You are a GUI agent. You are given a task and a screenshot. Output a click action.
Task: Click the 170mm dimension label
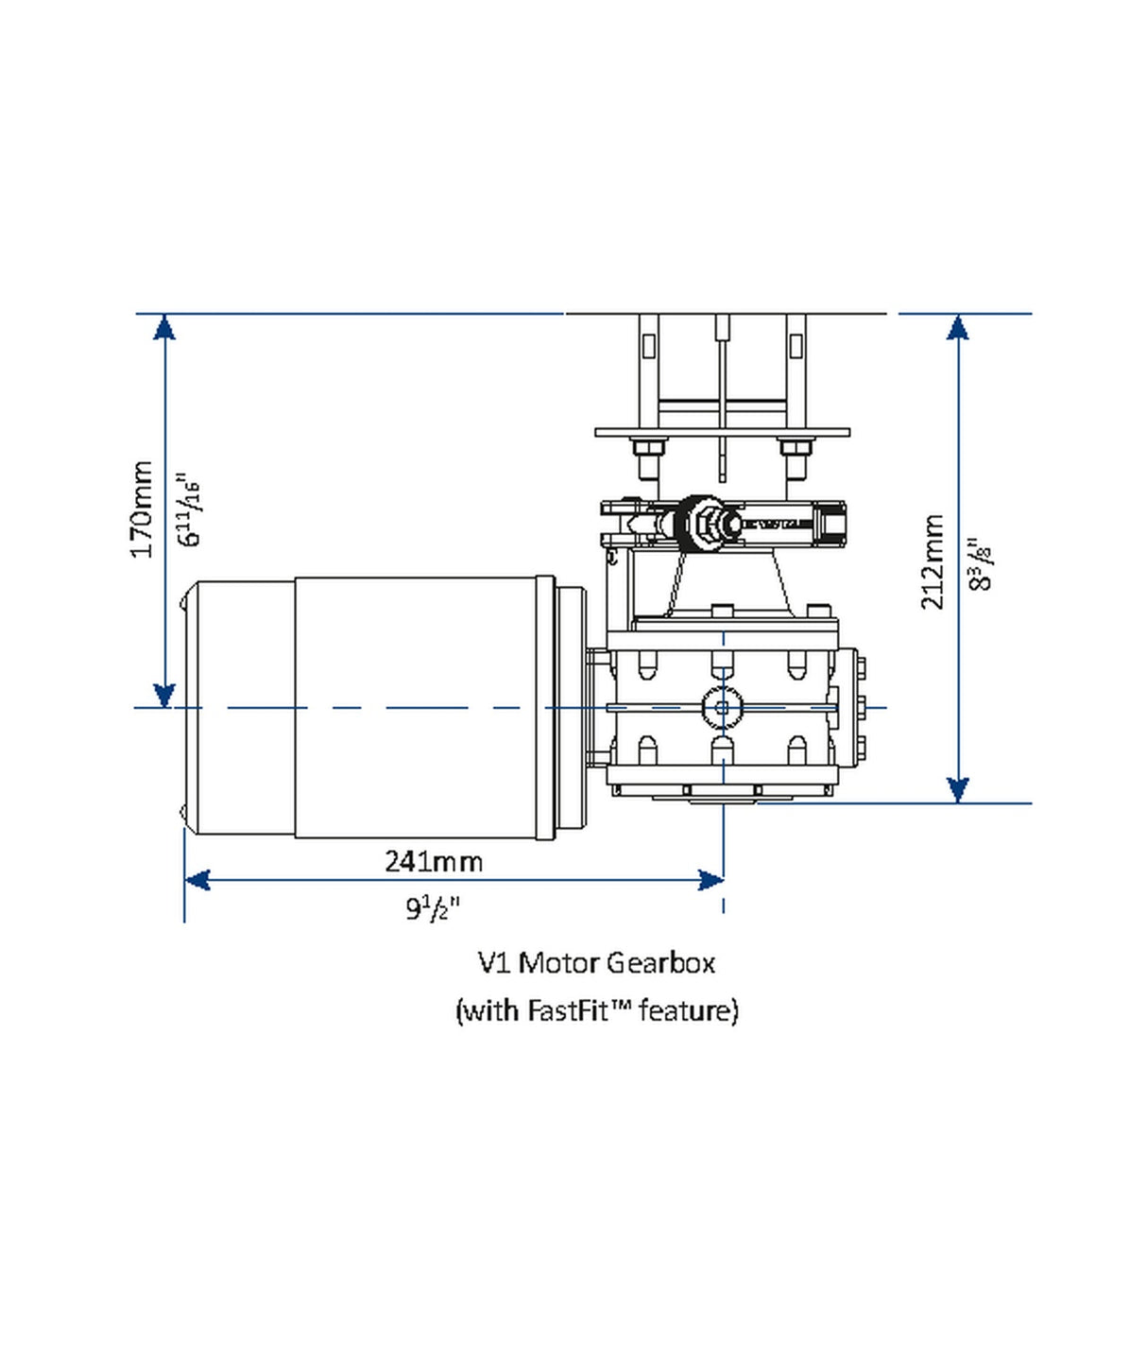142,509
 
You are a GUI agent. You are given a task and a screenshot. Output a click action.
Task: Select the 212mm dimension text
933,561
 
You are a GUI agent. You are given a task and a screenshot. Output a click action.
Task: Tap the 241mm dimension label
434,861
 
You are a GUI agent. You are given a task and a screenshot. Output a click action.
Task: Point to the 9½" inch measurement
433,908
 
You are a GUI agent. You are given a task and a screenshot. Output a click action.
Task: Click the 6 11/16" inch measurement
189,509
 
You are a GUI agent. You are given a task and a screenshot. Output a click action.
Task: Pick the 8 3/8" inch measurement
982,563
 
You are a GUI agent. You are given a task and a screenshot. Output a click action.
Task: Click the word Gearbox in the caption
660,963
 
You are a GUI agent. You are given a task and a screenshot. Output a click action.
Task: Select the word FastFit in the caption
568,1010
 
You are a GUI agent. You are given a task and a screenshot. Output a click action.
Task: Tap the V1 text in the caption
494,963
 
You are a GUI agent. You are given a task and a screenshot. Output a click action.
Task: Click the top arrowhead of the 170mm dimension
164,327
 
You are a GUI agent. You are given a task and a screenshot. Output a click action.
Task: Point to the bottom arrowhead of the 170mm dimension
164,695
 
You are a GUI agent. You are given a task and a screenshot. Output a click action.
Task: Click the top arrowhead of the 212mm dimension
958,327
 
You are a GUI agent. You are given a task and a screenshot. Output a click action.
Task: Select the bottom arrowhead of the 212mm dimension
958,790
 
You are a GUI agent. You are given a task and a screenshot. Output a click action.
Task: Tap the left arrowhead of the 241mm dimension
197,881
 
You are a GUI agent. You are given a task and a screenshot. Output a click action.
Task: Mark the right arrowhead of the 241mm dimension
710,881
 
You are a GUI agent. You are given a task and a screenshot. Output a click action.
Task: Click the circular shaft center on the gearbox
723,707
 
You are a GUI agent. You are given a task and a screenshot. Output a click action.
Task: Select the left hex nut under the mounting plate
648,448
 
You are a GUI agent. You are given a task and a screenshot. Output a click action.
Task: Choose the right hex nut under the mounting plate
795,448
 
